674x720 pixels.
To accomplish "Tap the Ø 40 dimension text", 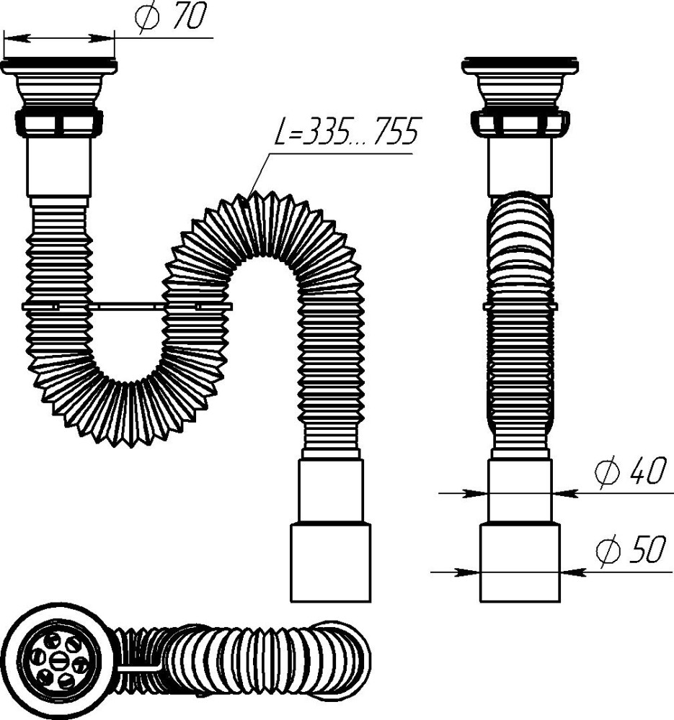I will pos(629,473).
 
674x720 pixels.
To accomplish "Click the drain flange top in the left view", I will pos(59,66).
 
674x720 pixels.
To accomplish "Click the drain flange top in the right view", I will pos(520,66).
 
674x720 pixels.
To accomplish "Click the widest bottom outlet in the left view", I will pos(330,562).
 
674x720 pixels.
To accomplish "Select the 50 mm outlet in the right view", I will pos(520,562).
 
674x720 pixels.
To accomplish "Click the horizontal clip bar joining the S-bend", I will pos(127,306).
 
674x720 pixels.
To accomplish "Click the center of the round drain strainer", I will pos(60,657).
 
